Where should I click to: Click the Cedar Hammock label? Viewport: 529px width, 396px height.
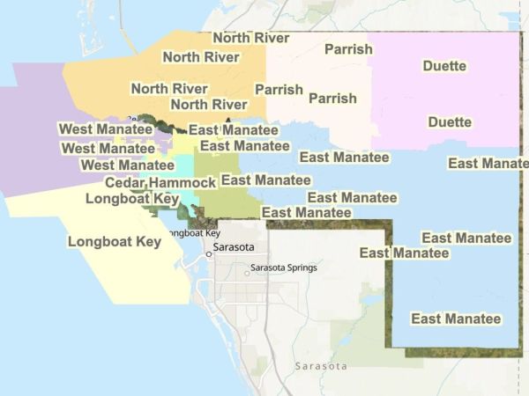click(x=160, y=183)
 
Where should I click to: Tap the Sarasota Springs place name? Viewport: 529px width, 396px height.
click(x=283, y=268)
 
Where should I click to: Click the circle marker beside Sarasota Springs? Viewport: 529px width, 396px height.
click(x=247, y=273)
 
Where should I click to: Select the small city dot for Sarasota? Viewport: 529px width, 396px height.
click(x=208, y=253)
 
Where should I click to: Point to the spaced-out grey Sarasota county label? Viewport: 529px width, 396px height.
click(x=321, y=365)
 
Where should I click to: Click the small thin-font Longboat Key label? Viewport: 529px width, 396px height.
click(x=192, y=233)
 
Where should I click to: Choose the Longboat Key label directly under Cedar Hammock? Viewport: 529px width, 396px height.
click(x=132, y=200)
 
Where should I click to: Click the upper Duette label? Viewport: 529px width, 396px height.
click(x=444, y=66)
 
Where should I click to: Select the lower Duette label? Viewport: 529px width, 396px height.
click(x=449, y=122)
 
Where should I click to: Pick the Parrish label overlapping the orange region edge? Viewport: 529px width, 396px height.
click(x=279, y=90)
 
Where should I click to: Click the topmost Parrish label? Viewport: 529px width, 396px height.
click(x=348, y=49)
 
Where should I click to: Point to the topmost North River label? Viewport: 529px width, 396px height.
click(x=251, y=37)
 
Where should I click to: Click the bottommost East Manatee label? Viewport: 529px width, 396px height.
click(x=456, y=319)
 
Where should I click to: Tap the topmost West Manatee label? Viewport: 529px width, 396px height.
click(x=105, y=129)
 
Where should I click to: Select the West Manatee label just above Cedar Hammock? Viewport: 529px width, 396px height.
click(x=127, y=165)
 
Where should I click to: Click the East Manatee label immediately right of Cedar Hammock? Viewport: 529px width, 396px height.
click(x=264, y=180)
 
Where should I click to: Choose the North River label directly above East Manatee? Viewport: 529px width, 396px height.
click(x=208, y=105)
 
